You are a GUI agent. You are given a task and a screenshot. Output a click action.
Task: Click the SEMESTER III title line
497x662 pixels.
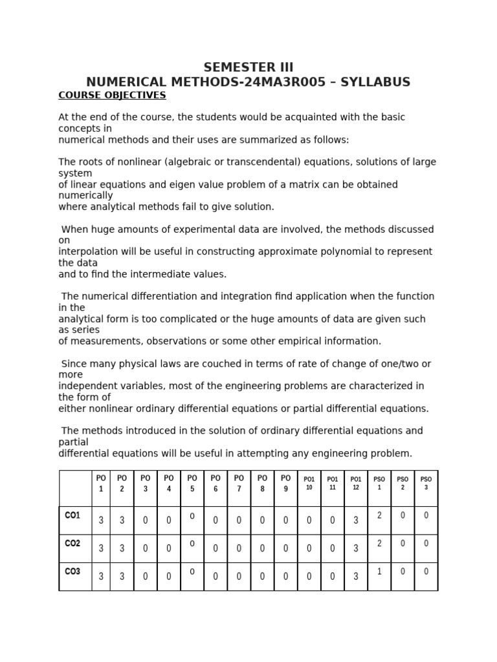pyautogui.click(x=248, y=67)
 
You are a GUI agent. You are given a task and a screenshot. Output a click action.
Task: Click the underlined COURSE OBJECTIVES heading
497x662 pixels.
pyautogui.click(x=112, y=96)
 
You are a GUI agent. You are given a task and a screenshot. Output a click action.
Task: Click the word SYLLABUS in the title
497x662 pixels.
pyautogui.click(x=375, y=82)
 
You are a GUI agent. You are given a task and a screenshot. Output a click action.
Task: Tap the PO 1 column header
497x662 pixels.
pyautogui.click(x=101, y=483)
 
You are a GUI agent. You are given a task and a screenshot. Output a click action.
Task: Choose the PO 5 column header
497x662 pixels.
pyautogui.click(x=192, y=483)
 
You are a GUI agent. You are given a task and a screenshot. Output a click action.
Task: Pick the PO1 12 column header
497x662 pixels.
pyautogui.click(x=355, y=483)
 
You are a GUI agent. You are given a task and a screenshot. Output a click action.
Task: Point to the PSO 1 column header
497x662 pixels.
pyautogui.click(x=379, y=483)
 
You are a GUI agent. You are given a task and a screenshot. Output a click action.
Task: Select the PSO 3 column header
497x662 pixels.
pyautogui.click(x=426, y=483)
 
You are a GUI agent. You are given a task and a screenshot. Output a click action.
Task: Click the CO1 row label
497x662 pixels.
pyautogui.click(x=72, y=515)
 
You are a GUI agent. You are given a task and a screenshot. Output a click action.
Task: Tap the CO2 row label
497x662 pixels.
pyautogui.click(x=72, y=544)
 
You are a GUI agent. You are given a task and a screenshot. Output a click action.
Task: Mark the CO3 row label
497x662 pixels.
pyautogui.click(x=72, y=572)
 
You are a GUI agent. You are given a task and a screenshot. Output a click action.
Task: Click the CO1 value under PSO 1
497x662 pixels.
pyautogui.click(x=379, y=515)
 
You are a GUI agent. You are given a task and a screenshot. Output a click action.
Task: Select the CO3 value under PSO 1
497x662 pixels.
pyautogui.click(x=379, y=571)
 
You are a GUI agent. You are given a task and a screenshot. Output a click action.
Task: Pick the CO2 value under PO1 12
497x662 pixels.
pyautogui.click(x=355, y=548)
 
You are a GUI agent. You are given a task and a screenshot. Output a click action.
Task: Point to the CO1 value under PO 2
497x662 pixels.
pyautogui.click(x=122, y=520)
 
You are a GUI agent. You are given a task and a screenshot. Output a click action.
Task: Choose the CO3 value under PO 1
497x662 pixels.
pyautogui.click(x=101, y=577)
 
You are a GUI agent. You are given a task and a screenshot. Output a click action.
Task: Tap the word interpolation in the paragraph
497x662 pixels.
pyautogui.click(x=87, y=251)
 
